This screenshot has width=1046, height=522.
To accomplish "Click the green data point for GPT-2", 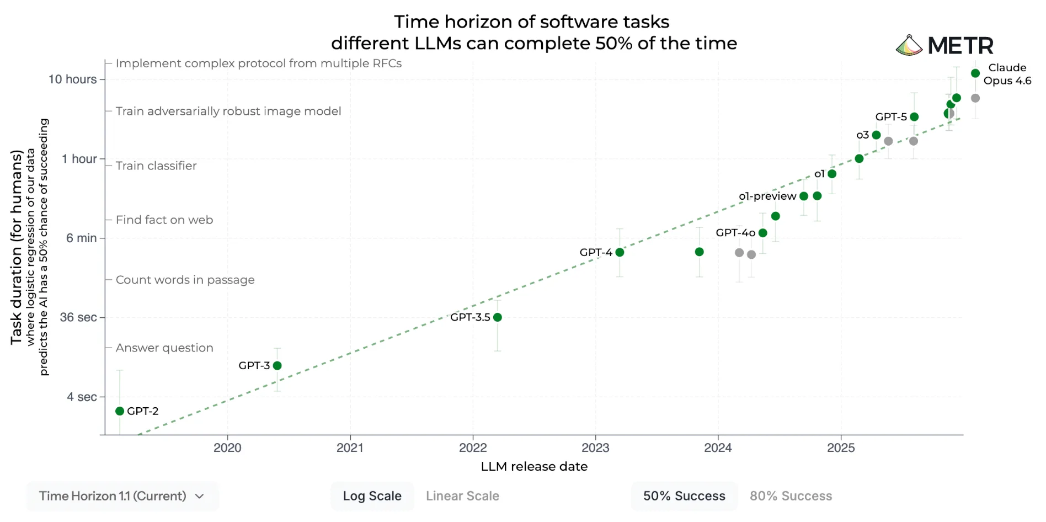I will click(x=120, y=411).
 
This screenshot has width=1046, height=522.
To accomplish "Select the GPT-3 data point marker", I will click(x=277, y=366).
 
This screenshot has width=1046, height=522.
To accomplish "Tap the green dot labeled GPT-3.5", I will click(x=498, y=317).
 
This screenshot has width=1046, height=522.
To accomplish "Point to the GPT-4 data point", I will click(x=620, y=252).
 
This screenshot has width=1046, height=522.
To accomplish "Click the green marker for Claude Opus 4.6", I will click(x=975, y=73).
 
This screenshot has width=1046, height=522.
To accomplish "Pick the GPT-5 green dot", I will click(x=914, y=117).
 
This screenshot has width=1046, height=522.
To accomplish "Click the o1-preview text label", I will click(x=767, y=196).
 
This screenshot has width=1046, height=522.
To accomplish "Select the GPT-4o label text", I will click(x=735, y=233).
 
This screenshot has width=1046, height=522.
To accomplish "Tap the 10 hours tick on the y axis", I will click(x=72, y=79).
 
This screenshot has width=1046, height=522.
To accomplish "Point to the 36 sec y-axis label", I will click(x=78, y=317).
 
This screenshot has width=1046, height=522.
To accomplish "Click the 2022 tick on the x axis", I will click(x=473, y=448).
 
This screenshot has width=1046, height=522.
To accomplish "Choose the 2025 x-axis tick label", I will click(x=841, y=448).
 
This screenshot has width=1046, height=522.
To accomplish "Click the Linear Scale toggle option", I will click(x=462, y=496).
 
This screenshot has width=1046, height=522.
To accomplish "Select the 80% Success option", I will click(x=791, y=496).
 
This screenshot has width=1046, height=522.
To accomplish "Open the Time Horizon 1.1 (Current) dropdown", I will click(x=122, y=496).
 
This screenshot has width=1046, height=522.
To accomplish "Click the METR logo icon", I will click(x=909, y=45).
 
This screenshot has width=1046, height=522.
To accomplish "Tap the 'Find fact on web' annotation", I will click(x=164, y=220).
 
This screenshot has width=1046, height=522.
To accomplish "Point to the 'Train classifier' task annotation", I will click(x=156, y=166).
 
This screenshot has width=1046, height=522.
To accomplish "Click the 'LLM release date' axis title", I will click(x=534, y=467).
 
